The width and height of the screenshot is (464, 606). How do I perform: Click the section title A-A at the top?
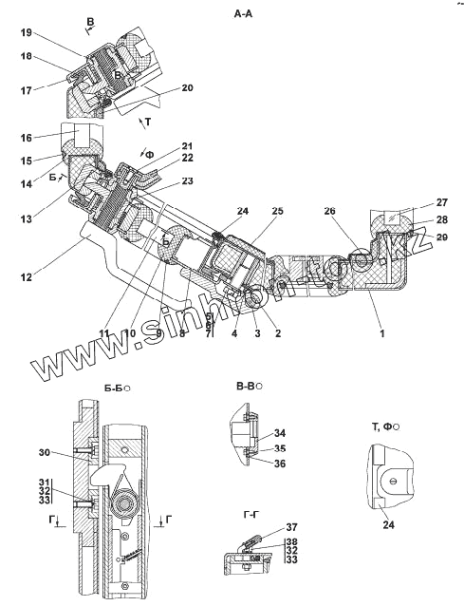click(243, 14)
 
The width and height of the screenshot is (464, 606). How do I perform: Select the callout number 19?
click(27, 32)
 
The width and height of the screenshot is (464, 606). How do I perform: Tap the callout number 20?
click(187, 87)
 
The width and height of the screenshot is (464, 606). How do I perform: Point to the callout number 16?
click(27, 138)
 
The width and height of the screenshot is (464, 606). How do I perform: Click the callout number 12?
click(27, 277)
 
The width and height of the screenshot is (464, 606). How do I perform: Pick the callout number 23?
click(187, 180)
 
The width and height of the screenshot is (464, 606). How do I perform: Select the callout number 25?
click(277, 211)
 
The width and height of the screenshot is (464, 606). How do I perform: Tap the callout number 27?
click(441, 202)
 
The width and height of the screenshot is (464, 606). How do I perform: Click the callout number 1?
click(382, 332)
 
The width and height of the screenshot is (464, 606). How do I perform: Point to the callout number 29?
click(441, 237)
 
